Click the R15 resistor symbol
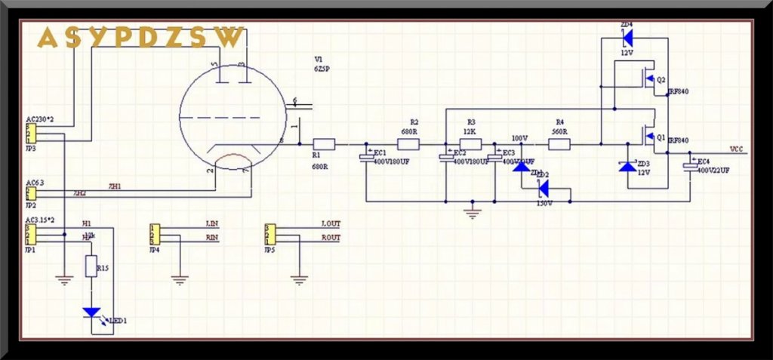(x=91, y=266)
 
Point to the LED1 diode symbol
(x=92, y=312)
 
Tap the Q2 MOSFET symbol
(x=646, y=78)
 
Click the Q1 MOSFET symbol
(x=646, y=137)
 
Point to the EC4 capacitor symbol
(x=690, y=165)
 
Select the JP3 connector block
(x=29, y=134)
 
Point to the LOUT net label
(x=331, y=225)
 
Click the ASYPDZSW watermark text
(x=141, y=37)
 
